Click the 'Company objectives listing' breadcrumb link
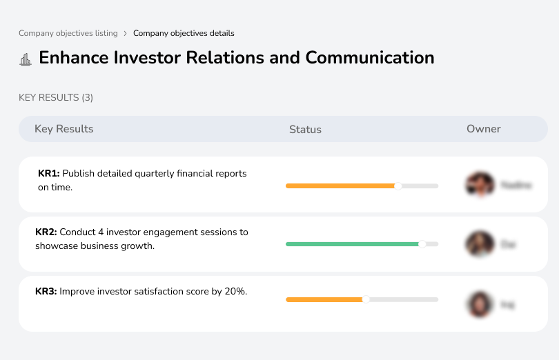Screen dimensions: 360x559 pos(68,33)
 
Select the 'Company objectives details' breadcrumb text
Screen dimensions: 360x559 pos(184,33)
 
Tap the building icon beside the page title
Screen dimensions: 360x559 pos(26,59)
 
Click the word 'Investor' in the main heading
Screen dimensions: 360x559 pos(141,57)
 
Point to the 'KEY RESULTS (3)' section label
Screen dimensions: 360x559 pos(56,98)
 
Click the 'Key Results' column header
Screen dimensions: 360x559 pos(63,129)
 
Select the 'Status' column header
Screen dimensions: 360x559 pos(305,130)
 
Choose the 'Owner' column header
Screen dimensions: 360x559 pos(483,129)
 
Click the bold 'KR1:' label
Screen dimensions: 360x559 pos(48,174)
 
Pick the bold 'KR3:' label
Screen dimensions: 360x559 pos(46,292)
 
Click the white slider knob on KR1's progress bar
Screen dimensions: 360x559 pos(398,186)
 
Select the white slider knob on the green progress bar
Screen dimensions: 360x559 pos(422,244)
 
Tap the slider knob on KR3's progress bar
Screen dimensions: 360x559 pos(366,299)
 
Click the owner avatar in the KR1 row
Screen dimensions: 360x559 pos(480,185)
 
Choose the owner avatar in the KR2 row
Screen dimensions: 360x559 pos(480,244)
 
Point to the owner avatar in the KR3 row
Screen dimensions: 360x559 pos(480,303)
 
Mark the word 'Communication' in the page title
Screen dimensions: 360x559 pos(370,57)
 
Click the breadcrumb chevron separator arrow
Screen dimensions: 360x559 pos(125,33)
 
